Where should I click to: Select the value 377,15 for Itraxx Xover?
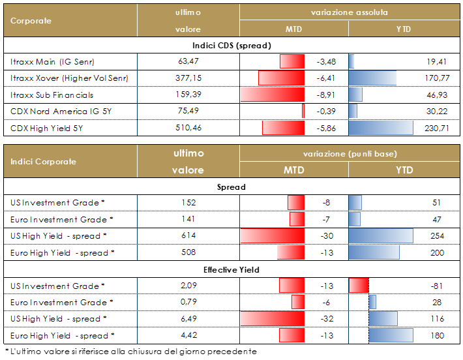(188, 78)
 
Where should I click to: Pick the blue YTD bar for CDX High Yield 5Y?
(381, 128)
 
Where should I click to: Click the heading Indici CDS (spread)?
(231, 46)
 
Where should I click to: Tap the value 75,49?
(188, 112)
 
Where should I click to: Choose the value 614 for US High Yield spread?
(188, 236)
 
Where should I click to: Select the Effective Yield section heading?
(231, 269)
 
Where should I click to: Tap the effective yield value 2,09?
(188, 286)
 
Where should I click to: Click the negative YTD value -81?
(438, 286)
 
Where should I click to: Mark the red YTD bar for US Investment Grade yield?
(359, 286)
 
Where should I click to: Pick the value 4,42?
(188, 336)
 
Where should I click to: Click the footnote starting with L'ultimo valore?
(130, 352)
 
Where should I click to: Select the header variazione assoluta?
(349, 13)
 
